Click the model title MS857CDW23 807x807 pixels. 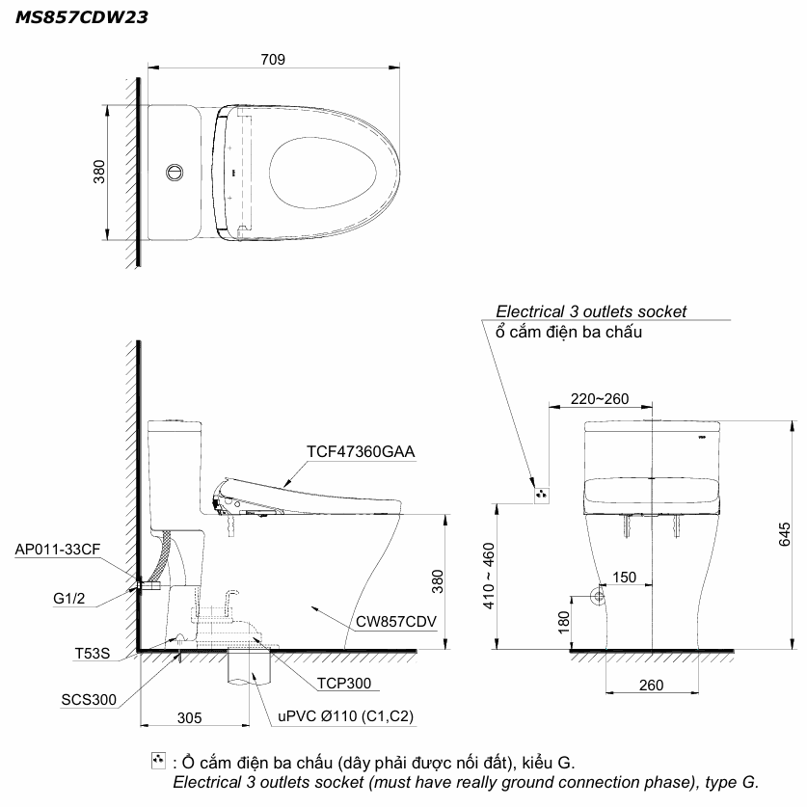click(82, 17)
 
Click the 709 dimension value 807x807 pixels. click(273, 59)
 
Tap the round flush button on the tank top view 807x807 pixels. click(175, 172)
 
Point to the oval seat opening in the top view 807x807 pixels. click(322, 173)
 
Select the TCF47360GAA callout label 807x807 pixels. click(361, 451)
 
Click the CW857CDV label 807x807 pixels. click(395, 621)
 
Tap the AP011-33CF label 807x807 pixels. click(58, 550)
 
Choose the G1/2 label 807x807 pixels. click(69, 598)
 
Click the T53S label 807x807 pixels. click(93, 653)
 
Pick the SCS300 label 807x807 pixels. click(89, 699)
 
